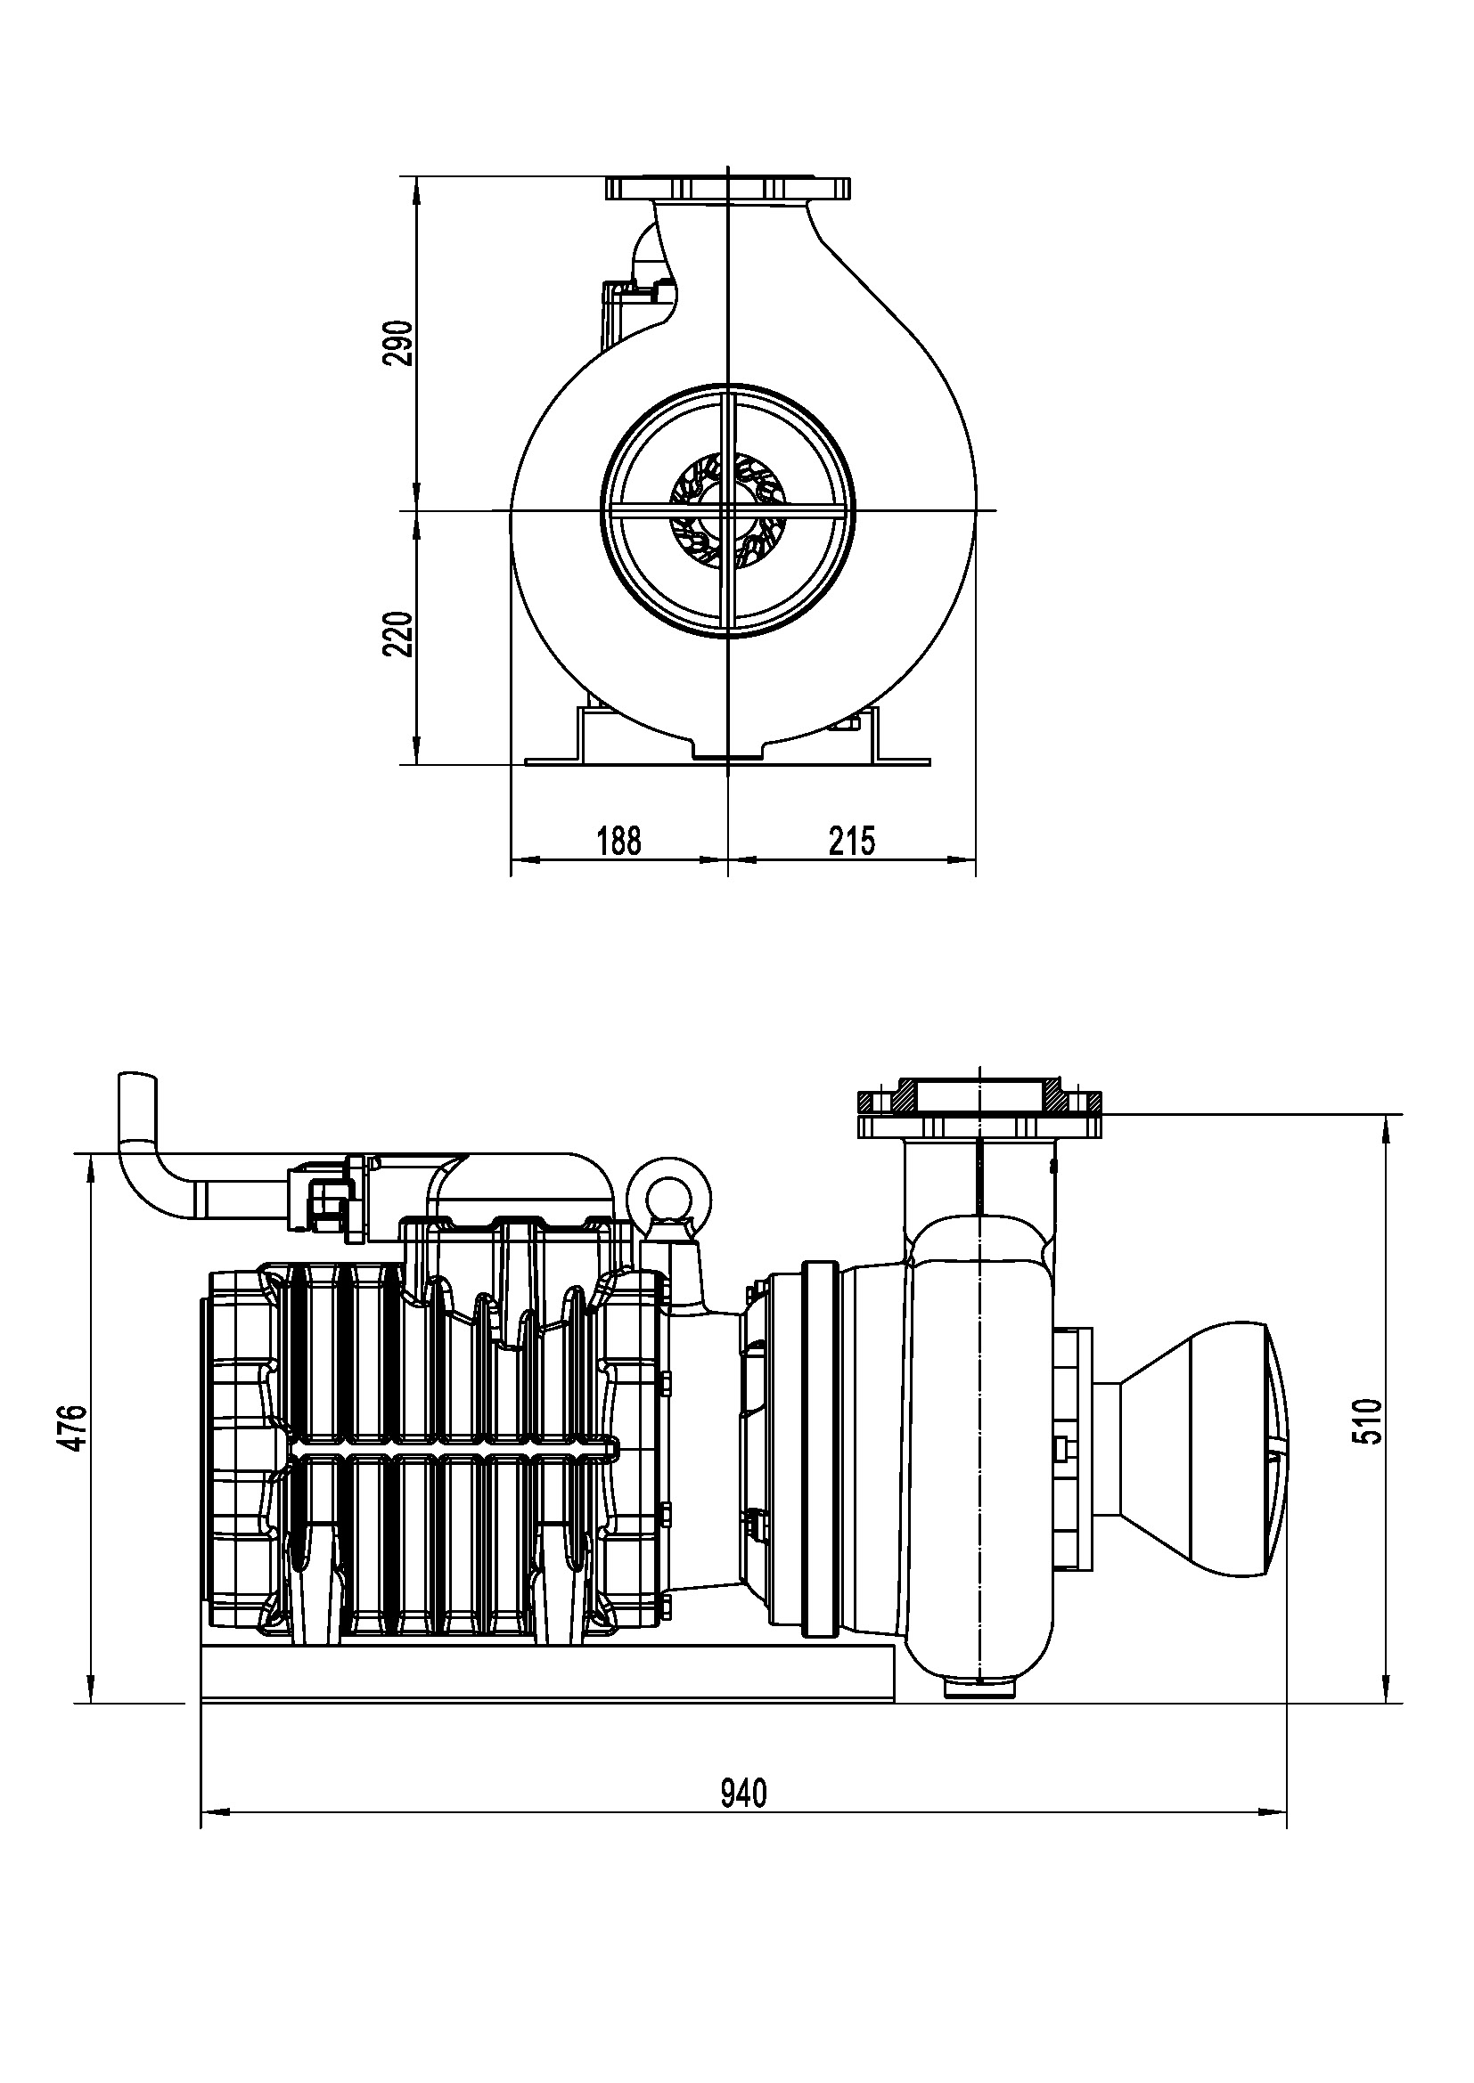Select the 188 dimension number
(619, 841)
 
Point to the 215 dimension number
(852, 841)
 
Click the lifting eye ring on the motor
(675, 1190)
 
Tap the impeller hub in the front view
(726, 511)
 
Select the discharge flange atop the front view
(728, 188)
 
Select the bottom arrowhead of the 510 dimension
(1388, 1688)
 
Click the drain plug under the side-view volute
(982, 1689)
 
